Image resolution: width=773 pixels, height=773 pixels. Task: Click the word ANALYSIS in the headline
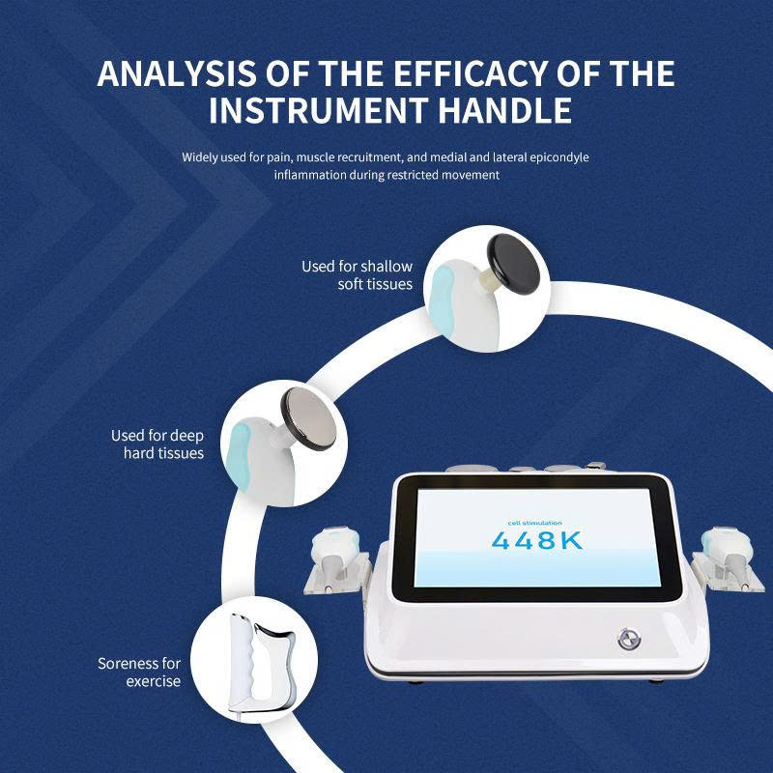(177, 74)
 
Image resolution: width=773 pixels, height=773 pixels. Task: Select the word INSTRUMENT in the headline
(318, 110)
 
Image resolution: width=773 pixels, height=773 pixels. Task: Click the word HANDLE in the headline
(505, 110)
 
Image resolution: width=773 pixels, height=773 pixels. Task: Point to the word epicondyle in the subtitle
(559, 157)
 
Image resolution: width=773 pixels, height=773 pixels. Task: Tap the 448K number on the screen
(537, 541)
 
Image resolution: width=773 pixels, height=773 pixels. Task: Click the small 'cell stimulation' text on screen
(535, 523)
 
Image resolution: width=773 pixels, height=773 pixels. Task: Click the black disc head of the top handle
(514, 264)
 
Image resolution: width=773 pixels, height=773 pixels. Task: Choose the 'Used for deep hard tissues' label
(157, 444)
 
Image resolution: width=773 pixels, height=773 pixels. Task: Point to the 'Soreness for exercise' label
(139, 672)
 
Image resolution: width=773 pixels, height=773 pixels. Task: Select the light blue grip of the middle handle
(241, 455)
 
